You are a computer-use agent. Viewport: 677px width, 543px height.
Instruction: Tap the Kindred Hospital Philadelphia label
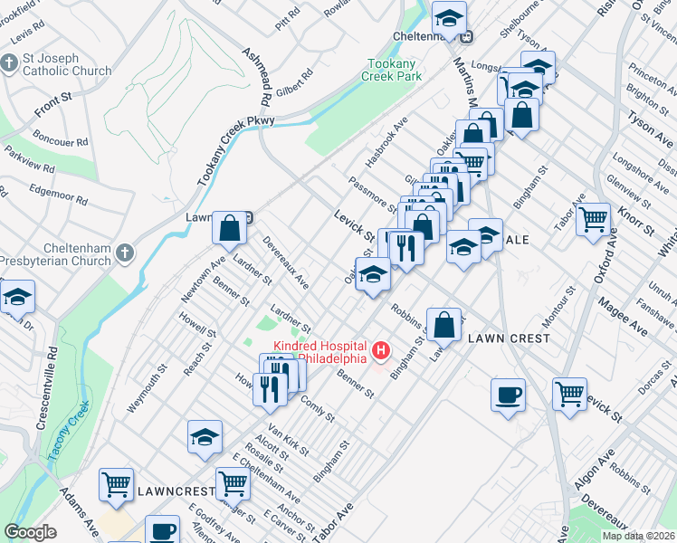pos(320,350)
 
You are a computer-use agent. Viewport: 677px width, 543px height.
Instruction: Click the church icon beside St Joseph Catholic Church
pos(10,63)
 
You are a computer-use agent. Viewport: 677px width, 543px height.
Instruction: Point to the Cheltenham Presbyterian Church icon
pos(126,253)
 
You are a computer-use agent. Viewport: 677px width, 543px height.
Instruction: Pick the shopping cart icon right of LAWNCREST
pos(234,485)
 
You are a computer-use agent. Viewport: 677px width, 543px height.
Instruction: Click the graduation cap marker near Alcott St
pos(205,437)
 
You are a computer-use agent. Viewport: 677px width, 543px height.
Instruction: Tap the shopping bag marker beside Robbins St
pos(445,325)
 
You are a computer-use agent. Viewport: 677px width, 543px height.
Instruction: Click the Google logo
pos(30,531)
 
